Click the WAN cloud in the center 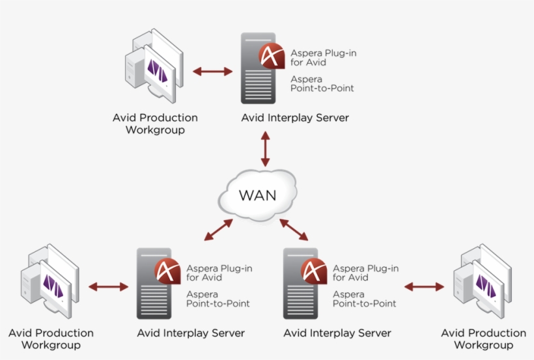257,195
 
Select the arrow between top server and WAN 265,149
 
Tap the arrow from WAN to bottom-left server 218,230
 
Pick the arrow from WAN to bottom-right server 294,230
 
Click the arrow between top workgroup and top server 212,72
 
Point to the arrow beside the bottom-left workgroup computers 108,287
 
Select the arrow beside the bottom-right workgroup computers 424,287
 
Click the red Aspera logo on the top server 272,56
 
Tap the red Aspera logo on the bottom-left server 167,271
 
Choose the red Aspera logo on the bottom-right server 314,271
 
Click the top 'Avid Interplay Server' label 295,118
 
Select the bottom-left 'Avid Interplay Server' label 191,333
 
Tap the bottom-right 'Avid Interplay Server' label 337,333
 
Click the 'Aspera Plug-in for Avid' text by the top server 323,57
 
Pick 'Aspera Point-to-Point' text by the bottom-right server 364,299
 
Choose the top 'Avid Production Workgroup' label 155,124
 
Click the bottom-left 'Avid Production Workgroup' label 51,339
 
